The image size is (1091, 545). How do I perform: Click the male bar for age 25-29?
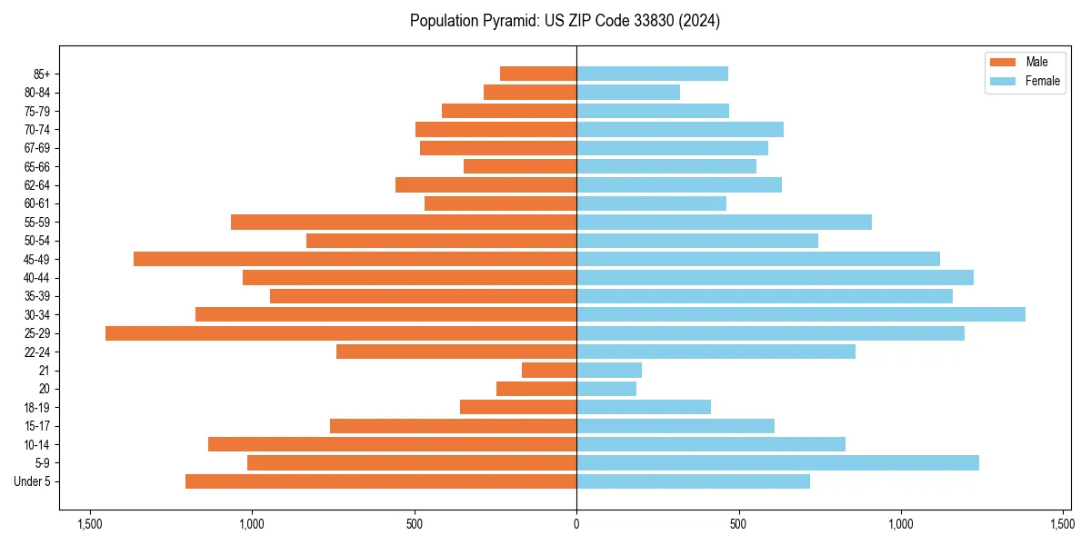tap(341, 333)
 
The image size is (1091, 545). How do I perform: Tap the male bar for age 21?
tap(549, 371)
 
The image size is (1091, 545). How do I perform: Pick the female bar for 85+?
tap(652, 74)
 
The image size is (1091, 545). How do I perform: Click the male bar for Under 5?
tap(381, 481)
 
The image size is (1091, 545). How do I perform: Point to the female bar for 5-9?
tap(777, 463)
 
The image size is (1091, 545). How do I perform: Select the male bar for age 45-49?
tap(355, 259)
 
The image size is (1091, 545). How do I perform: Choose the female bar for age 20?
tap(606, 389)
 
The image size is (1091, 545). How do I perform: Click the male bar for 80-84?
tap(530, 92)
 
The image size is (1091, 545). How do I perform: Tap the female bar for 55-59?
tap(724, 222)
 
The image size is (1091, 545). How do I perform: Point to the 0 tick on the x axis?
tap(576, 524)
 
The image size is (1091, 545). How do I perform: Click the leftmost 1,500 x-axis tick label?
tap(89, 524)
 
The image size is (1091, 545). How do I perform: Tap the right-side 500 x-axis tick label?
tap(738, 524)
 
